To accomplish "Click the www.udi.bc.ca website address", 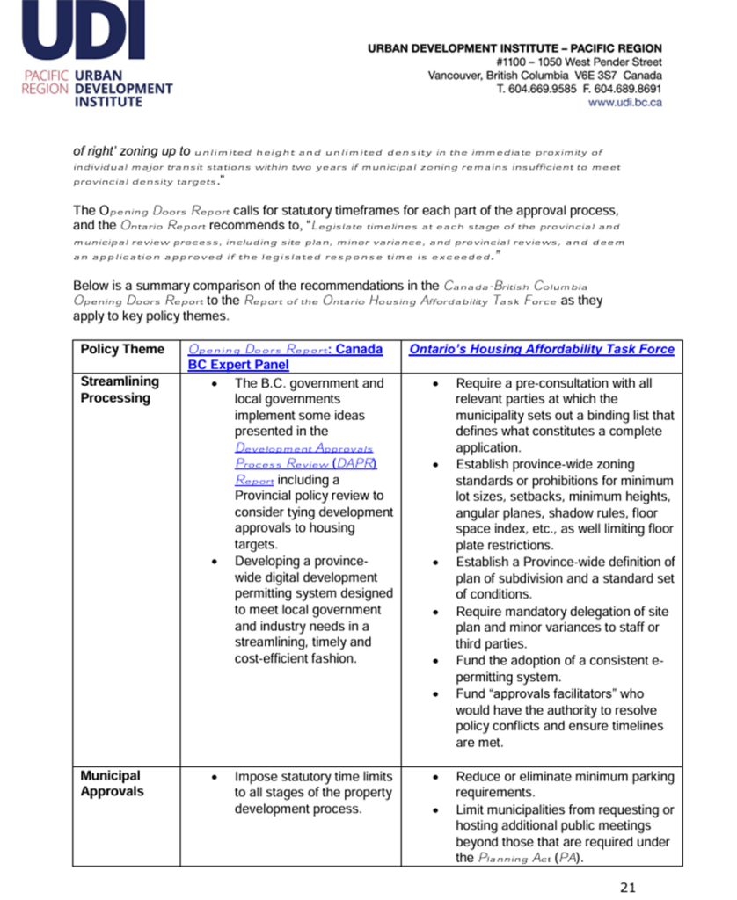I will (x=624, y=102).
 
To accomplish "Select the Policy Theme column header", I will (x=122, y=350).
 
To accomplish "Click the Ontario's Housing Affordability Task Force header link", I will (x=541, y=350).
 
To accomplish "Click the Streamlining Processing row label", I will (x=120, y=390).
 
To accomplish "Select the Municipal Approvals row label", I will (x=110, y=784).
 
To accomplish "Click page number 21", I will (x=628, y=887).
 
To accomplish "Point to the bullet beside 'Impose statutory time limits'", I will (x=215, y=777).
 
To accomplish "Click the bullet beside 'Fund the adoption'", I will (x=438, y=661).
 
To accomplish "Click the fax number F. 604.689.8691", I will (x=619, y=89).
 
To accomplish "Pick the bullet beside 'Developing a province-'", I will (x=215, y=562).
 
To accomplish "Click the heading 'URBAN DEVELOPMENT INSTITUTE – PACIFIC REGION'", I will (x=514, y=48).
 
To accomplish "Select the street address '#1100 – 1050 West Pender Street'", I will (x=578, y=62).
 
